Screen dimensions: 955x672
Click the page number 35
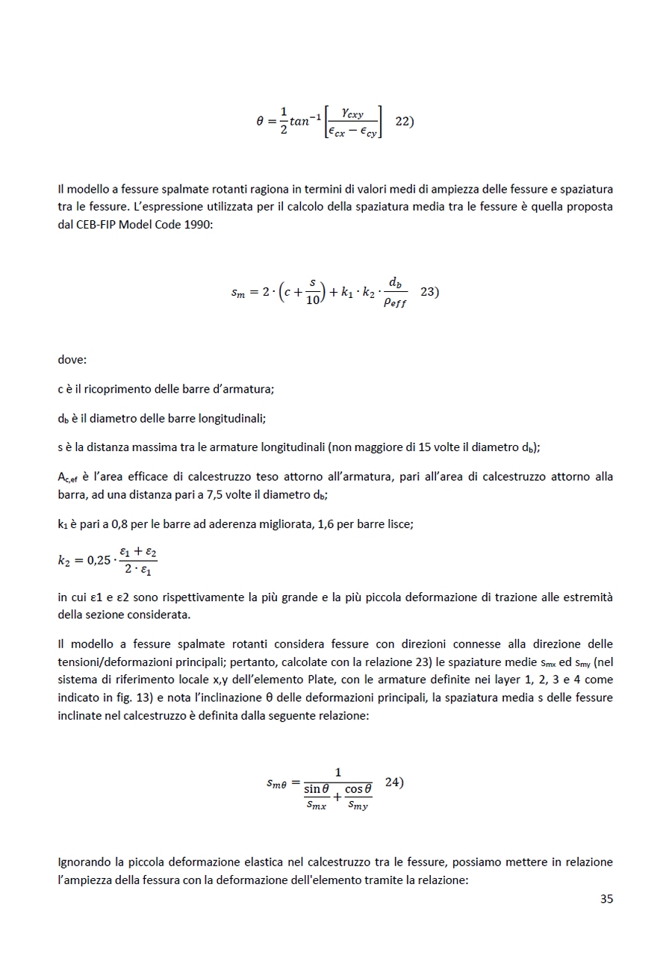point(606,899)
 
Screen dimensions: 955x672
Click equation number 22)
point(404,122)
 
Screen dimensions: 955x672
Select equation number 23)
point(429,292)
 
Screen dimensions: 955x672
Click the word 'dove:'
point(72,360)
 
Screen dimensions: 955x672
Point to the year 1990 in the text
point(198,225)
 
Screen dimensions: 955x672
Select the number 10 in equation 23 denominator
point(313,300)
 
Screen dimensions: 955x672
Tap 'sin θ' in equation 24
point(317,788)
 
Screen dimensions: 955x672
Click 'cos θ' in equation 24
point(358,788)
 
